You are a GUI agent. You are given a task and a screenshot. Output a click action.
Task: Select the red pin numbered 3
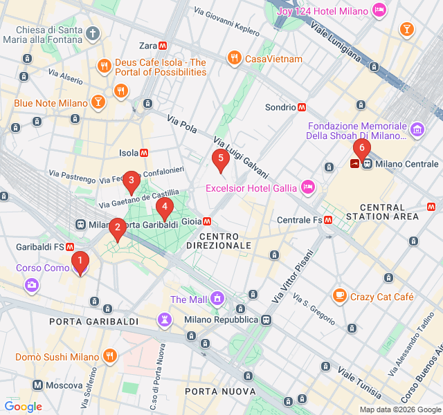pyautogui.click(x=131, y=182)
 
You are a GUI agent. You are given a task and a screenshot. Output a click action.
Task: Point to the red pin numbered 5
pyautogui.click(x=221, y=160)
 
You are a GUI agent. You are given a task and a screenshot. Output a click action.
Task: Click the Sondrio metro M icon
pyautogui.click(x=302, y=107)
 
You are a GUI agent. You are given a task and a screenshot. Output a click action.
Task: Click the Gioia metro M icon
pyautogui.click(x=207, y=223)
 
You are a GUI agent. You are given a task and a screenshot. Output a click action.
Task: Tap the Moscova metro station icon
pyautogui.click(x=37, y=385)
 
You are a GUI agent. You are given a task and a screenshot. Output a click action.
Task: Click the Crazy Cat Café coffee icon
pyautogui.click(x=339, y=296)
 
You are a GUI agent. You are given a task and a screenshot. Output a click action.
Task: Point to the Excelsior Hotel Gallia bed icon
pyautogui.click(x=308, y=187)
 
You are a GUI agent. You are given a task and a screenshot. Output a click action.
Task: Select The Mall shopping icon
pyautogui.click(x=217, y=299)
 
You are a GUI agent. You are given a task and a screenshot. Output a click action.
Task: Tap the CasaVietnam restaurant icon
pyautogui.click(x=235, y=59)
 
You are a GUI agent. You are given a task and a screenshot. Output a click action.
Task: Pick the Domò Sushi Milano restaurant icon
pyautogui.click(x=109, y=357)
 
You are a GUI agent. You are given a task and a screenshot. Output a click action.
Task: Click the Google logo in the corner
pyautogui.click(x=23, y=407)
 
